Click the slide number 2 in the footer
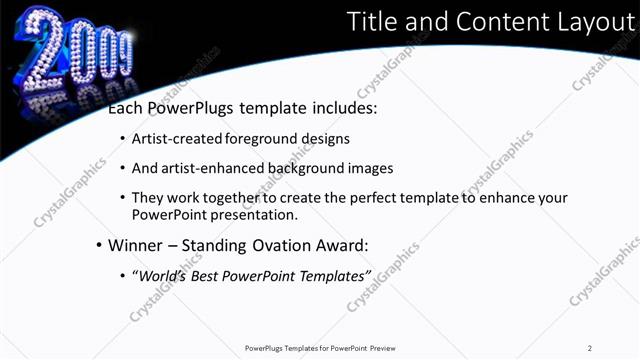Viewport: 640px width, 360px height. [590, 348]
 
